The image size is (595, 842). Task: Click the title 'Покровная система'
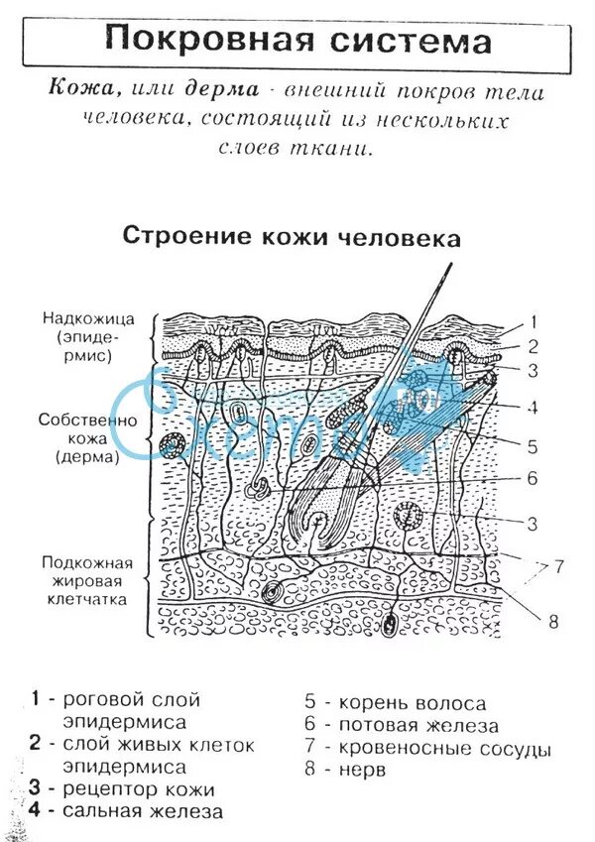coord(297,41)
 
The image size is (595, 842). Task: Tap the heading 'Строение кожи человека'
coord(291,237)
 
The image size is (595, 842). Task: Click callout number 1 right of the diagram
coord(532,321)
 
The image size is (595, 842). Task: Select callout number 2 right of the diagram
coord(532,346)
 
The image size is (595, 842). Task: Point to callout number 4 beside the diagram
coord(532,407)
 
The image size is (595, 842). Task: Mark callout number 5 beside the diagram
coord(532,445)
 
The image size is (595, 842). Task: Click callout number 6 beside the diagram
coord(532,478)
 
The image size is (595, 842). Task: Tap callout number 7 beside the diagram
coord(558,567)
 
